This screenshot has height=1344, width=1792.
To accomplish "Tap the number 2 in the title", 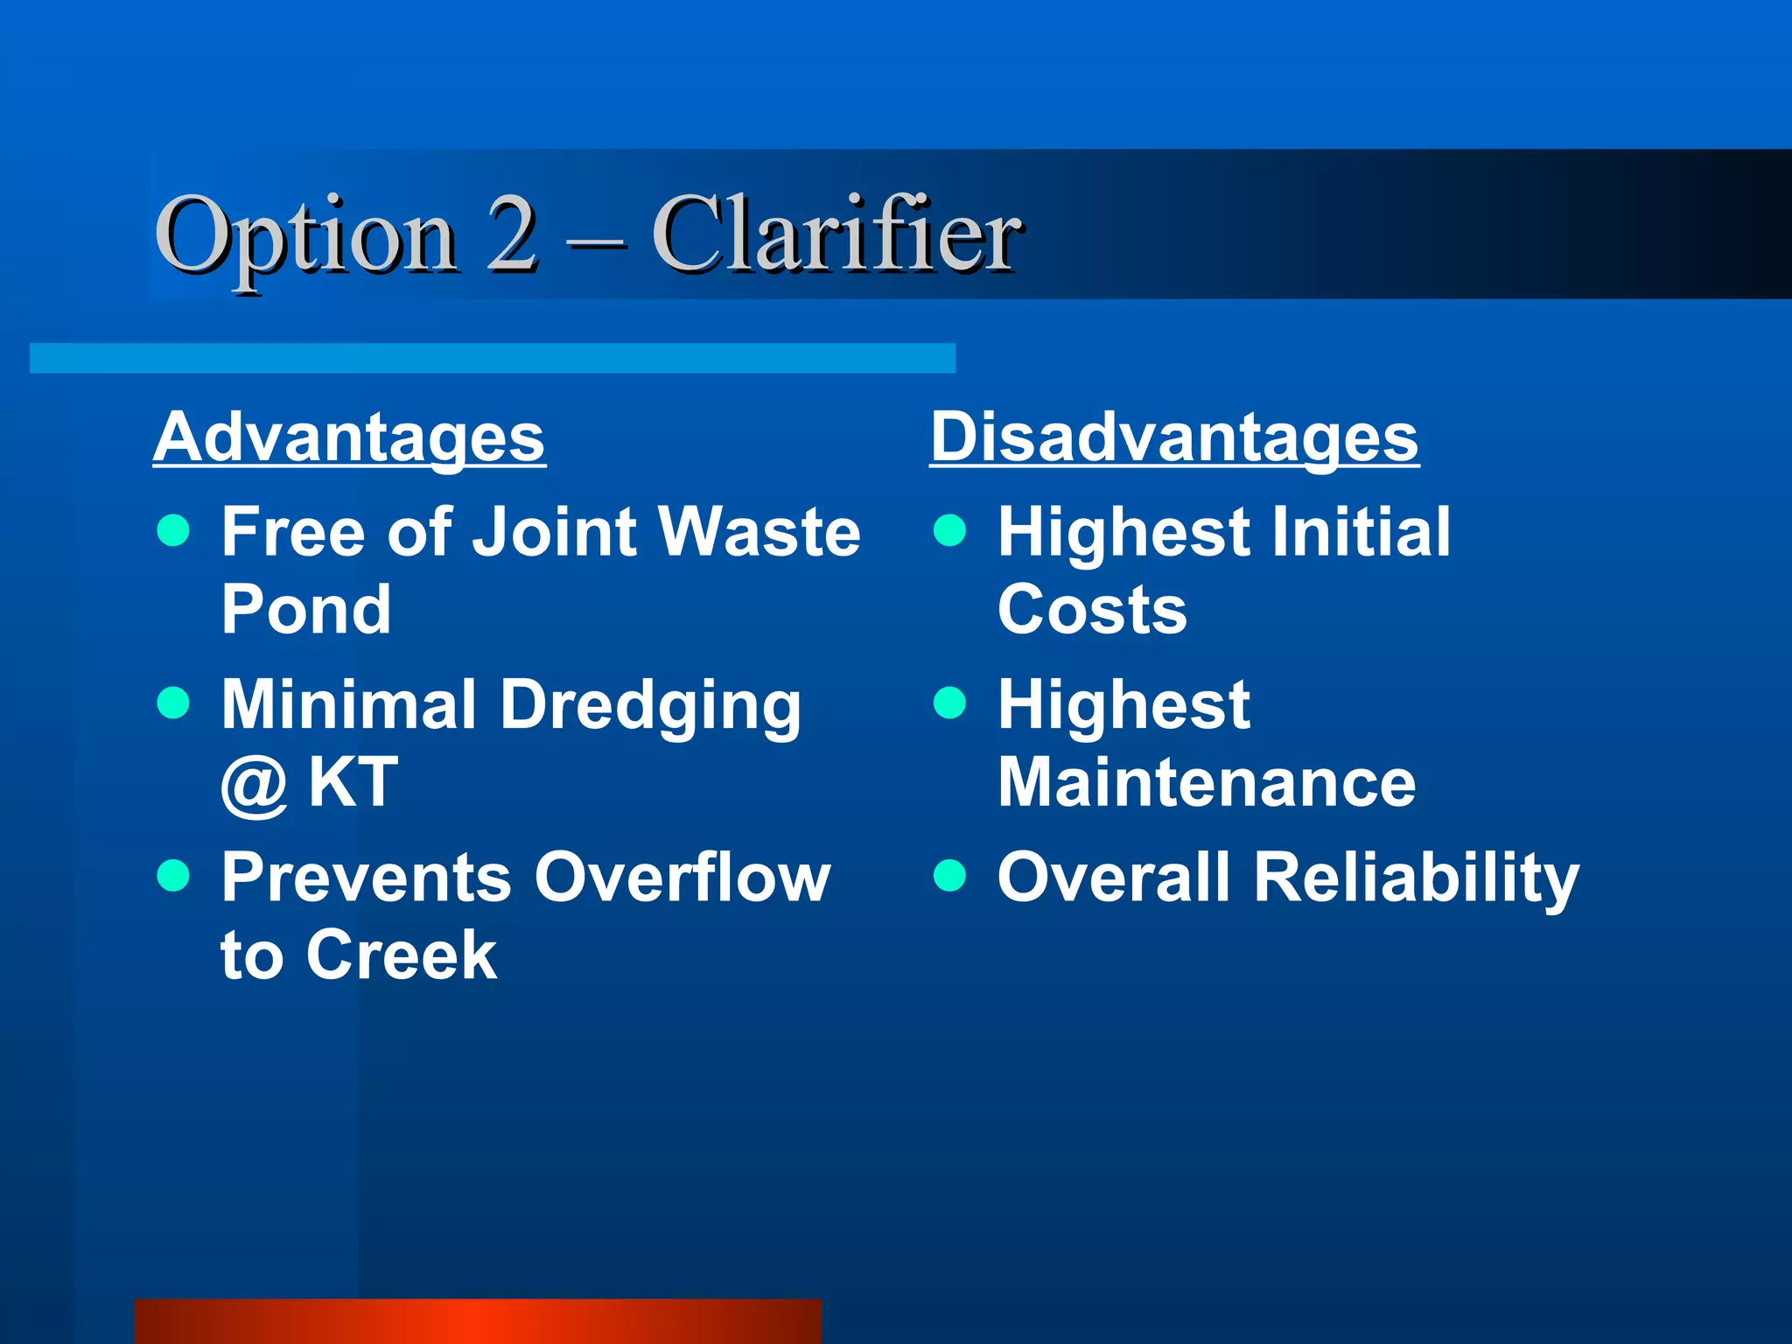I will (512, 234).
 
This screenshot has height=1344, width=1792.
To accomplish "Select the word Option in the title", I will (306, 236).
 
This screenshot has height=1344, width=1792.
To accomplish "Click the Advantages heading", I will (349, 437).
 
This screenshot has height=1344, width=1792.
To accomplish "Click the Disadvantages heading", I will (1174, 437).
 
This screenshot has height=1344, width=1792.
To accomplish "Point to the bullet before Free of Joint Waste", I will (173, 529).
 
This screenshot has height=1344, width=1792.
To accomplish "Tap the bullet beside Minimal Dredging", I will (173, 702).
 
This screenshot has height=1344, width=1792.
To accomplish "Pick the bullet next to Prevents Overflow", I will (173, 874).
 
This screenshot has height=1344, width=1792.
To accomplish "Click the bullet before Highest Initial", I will (949, 529).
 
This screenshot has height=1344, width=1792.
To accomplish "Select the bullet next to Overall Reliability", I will (949, 874).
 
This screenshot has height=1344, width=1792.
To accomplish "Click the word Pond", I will (306, 609).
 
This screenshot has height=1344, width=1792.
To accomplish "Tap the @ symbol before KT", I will (254, 783).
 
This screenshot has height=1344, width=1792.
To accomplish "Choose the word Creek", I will (402, 955).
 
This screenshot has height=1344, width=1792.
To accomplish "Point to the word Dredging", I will (650, 705).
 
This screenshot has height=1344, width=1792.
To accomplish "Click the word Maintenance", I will (1207, 782).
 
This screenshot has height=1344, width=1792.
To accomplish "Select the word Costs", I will (1092, 609).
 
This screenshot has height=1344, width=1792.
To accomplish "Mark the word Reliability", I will (1417, 878).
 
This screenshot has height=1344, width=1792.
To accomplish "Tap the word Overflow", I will (682, 877).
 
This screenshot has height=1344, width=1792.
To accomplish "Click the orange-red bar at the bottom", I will (478, 1321).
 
